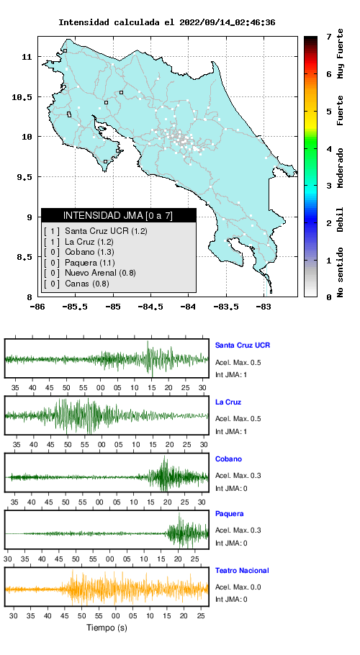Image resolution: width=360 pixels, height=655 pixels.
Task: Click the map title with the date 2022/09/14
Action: click(x=166, y=22)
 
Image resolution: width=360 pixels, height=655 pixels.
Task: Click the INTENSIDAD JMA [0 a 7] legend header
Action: click(x=119, y=215)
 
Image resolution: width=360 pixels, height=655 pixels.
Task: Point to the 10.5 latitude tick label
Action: click(x=22, y=97)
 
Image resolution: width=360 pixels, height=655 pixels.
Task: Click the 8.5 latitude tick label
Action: click(x=24, y=257)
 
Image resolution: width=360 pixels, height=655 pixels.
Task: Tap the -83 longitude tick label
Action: click(x=264, y=307)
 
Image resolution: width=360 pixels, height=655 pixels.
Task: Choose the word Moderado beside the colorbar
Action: click(x=341, y=168)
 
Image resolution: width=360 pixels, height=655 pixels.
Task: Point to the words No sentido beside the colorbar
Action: click(x=341, y=272)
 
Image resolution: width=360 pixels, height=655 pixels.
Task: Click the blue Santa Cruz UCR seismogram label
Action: click(x=243, y=345)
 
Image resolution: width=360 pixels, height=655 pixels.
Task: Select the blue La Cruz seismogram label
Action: click(x=228, y=402)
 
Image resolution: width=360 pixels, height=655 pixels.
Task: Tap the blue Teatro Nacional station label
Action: click(x=242, y=570)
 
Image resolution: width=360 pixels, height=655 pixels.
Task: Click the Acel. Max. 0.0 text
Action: click(x=238, y=587)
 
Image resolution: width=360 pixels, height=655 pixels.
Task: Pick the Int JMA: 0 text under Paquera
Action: click(x=231, y=543)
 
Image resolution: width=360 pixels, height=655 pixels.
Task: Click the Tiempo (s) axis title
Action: click(x=107, y=628)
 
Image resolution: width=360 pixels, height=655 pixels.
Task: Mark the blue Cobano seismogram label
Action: click(x=228, y=459)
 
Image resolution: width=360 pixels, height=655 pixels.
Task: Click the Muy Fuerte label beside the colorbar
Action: click(x=341, y=53)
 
